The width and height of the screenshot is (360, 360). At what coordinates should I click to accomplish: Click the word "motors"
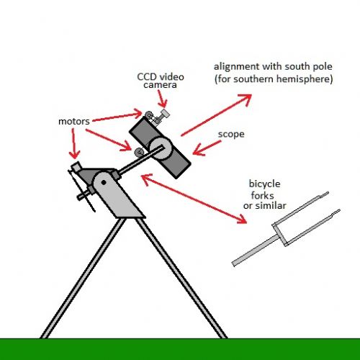(x=74, y=122)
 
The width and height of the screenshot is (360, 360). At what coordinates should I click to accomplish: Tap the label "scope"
(x=231, y=135)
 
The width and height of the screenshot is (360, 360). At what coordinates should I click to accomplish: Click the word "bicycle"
(x=264, y=184)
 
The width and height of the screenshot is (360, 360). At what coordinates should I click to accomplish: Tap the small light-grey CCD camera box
(x=165, y=113)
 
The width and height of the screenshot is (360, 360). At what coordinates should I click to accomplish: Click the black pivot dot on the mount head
(x=104, y=183)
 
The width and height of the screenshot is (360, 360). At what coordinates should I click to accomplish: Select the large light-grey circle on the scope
(x=161, y=148)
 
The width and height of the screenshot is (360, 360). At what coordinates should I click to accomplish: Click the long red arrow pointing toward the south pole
(x=216, y=115)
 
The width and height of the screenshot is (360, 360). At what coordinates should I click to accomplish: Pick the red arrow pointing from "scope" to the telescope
(x=207, y=148)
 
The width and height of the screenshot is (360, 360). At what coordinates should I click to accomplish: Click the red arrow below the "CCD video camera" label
(x=162, y=99)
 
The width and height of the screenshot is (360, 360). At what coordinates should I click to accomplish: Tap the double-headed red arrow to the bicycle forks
(x=194, y=199)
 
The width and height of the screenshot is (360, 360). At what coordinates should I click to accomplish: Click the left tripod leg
(x=83, y=279)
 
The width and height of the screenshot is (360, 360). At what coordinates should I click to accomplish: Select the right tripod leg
(x=181, y=279)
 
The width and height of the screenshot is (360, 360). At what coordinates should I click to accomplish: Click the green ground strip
(x=180, y=349)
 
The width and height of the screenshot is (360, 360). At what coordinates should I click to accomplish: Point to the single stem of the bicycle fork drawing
(x=255, y=251)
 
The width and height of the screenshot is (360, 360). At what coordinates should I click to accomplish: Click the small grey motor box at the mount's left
(x=76, y=167)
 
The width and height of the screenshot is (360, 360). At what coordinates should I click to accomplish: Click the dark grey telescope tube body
(x=160, y=148)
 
